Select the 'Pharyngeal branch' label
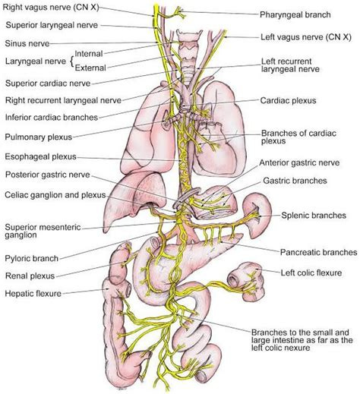click(292, 14)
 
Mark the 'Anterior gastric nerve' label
click(301, 162)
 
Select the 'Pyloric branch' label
click(33, 260)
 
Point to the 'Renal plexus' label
click(30, 276)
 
